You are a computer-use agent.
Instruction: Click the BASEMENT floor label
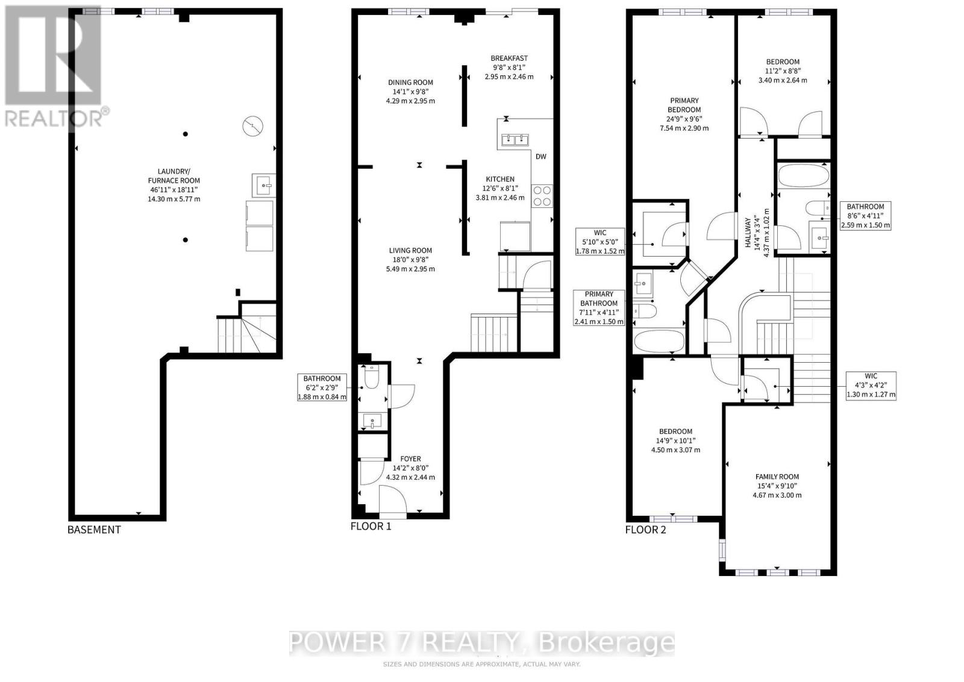(94, 530)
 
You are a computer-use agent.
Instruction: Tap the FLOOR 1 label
(371, 526)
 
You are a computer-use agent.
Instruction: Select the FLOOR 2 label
(646, 530)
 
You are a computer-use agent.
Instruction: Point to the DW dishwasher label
(541, 157)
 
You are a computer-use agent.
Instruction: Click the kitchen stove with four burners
(542, 196)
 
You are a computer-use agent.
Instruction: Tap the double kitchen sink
(513, 141)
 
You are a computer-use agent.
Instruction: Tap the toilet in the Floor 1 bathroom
(371, 378)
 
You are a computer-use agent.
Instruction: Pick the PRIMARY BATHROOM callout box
(599, 308)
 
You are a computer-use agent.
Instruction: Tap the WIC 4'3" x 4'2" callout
(871, 386)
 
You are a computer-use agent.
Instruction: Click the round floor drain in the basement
(253, 127)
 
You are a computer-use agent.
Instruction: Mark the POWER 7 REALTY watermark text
(482, 643)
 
